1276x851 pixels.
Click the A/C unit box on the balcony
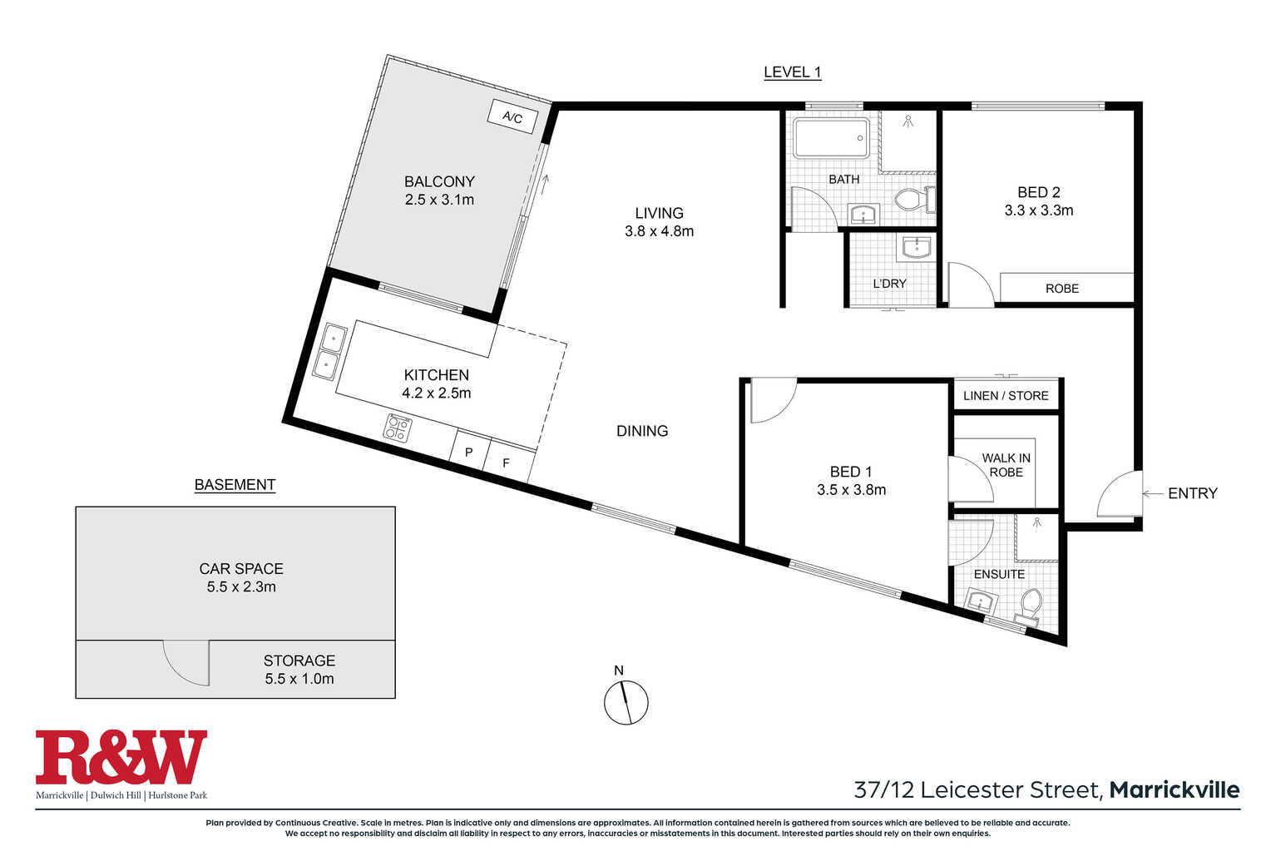[512, 116]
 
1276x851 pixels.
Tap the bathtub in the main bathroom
[832, 138]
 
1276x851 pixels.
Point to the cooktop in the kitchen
[398, 428]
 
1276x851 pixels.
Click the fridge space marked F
[507, 463]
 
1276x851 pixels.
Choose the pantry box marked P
[469, 452]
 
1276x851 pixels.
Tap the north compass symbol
[626, 702]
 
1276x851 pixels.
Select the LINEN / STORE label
[1006, 396]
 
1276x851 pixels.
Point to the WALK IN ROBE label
[1006, 465]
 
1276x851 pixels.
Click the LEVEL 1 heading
[793, 72]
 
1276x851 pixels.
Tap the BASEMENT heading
[235, 485]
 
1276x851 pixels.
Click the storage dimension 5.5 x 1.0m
[299, 679]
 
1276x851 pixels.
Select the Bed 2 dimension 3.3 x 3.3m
[1038, 210]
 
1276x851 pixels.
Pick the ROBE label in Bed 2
[1062, 289]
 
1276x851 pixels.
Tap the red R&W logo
[121, 757]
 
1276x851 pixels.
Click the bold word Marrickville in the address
[1175, 790]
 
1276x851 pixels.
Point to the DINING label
[642, 431]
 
